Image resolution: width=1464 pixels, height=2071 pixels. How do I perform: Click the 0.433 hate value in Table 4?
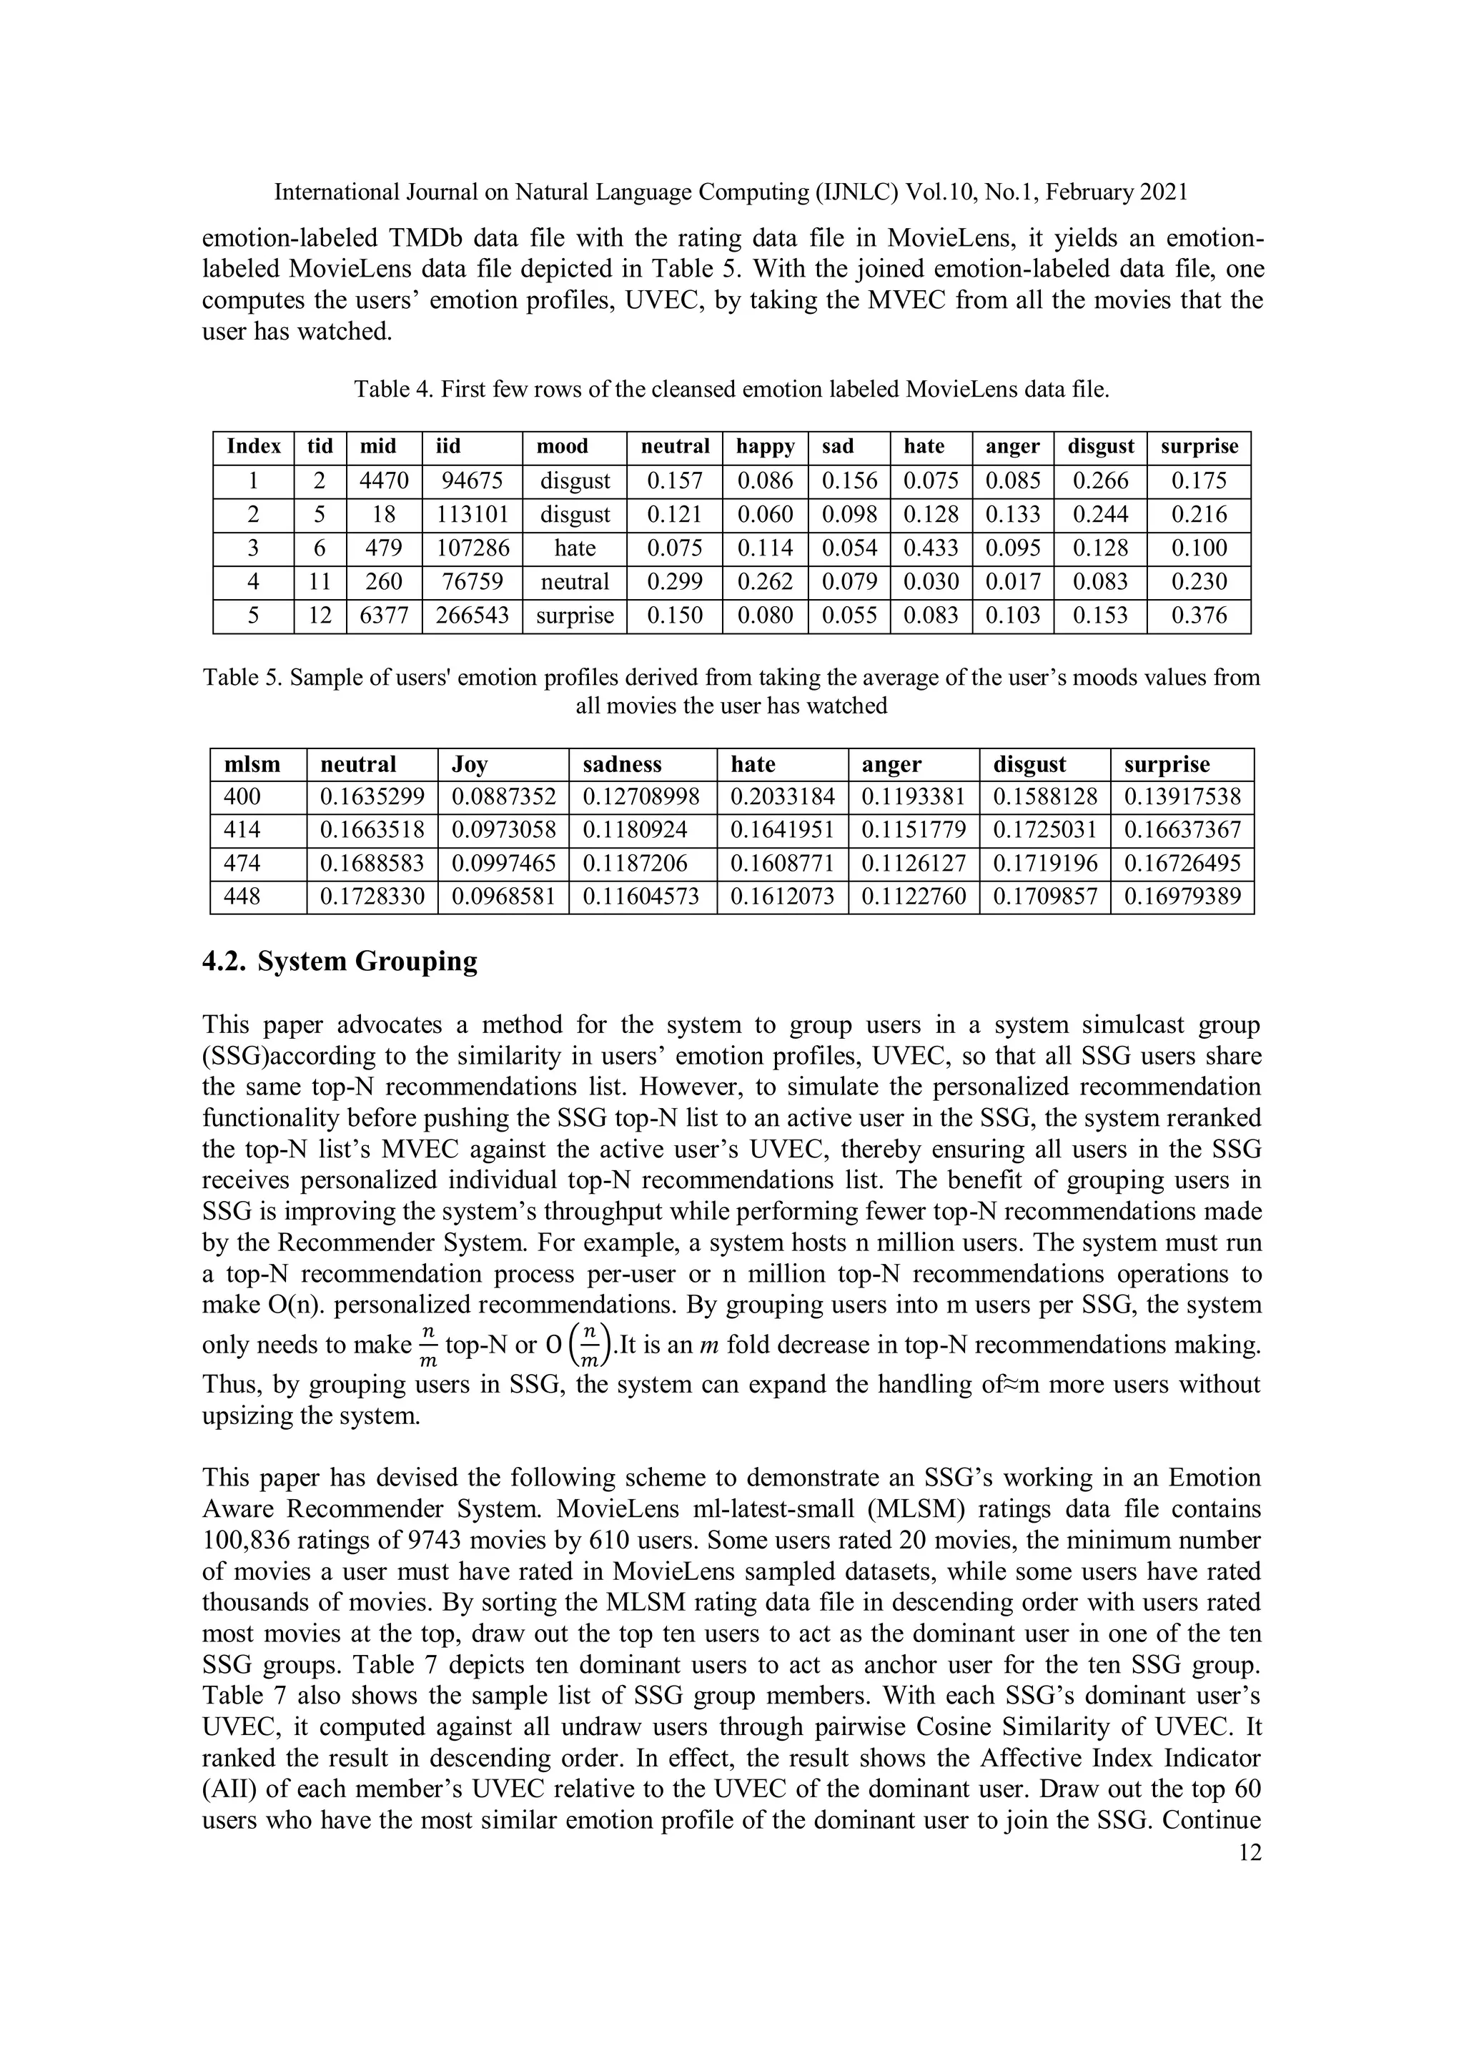pos(931,548)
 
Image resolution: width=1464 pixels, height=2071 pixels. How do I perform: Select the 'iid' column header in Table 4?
pos(449,447)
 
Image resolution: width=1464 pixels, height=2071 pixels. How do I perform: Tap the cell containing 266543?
pos(473,616)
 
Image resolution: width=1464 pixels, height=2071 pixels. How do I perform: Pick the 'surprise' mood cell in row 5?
pos(575,616)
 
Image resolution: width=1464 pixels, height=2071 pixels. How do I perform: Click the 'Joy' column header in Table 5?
pos(470,765)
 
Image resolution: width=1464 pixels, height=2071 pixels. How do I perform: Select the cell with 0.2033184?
pos(782,797)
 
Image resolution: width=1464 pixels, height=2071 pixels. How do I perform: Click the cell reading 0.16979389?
pos(1182,897)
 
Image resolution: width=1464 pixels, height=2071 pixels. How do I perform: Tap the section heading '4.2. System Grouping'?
pos(340,962)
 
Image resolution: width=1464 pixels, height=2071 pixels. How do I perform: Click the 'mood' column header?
pos(562,447)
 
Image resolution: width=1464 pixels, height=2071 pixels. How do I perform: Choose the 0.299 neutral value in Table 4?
pos(675,583)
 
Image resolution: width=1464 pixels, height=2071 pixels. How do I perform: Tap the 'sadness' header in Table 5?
pos(623,765)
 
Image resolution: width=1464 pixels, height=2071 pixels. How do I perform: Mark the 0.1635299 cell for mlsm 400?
pos(372,797)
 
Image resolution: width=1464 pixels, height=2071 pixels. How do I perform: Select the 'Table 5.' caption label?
pos(242,678)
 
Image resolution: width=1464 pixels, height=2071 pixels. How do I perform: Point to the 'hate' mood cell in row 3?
pos(575,548)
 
